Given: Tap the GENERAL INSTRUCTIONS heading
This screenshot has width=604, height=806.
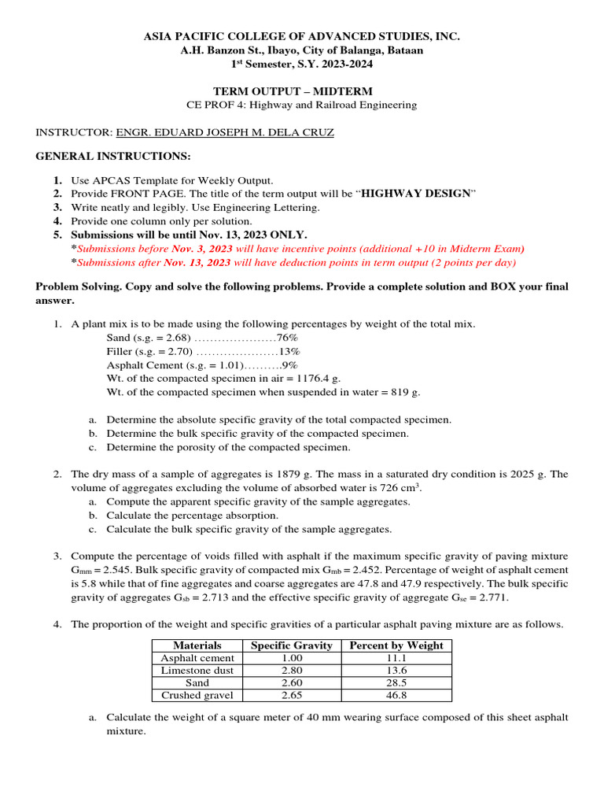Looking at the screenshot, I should click(113, 156).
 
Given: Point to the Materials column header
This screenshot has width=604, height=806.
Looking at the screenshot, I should click(197, 645).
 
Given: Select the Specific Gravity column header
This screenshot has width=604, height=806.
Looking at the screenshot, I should click(291, 645).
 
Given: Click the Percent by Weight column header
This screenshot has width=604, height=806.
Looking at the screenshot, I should click(396, 645).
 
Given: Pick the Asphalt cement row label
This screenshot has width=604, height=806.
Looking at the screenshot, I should click(197, 658).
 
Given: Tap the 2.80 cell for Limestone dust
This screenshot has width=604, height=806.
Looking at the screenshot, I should click(291, 671).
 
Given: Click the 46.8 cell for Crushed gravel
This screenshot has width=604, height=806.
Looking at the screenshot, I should click(396, 696).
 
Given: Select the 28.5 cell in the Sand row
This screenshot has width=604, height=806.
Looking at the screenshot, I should click(396, 683).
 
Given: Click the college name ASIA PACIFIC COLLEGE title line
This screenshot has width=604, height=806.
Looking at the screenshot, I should click(301, 37).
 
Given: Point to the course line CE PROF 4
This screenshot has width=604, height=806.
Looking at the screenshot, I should click(301, 105).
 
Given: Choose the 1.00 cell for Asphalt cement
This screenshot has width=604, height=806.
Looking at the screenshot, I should click(291, 658).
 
